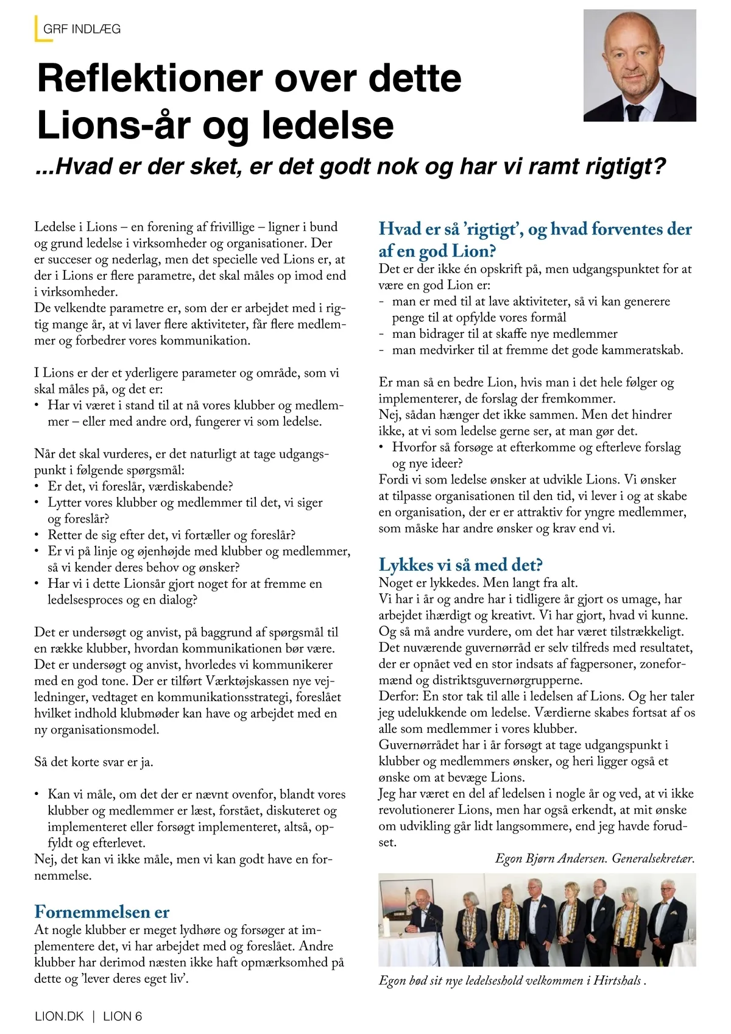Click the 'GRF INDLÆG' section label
point(82,29)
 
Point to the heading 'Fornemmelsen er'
point(102,911)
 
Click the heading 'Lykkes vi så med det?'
point(460,565)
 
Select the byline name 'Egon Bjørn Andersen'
point(551,858)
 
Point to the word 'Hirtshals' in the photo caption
point(616,980)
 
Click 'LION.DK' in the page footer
point(59,1016)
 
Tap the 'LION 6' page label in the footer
point(122,1016)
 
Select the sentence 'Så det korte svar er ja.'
point(94,761)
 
